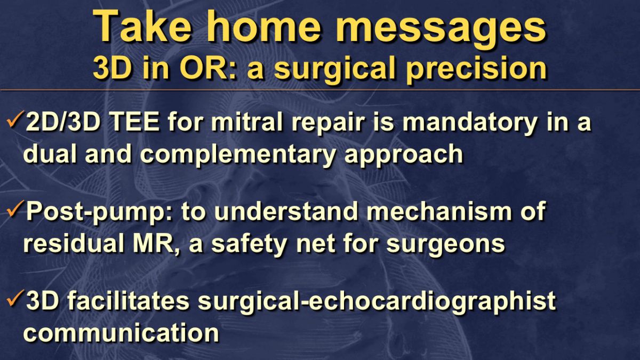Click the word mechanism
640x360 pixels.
pyautogui.click(x=439, y=211)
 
